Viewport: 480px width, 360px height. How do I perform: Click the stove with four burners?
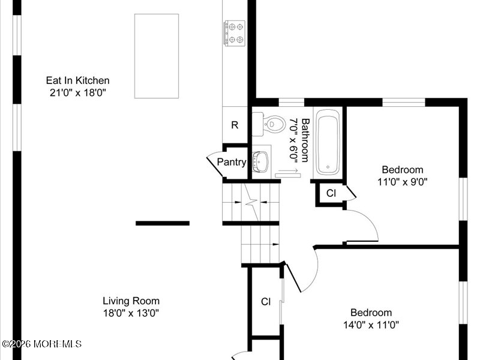(x=235, y=32)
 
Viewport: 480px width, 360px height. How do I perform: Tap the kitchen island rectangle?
(x=157, y=56)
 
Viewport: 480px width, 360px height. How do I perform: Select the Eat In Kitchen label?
(x=78, y=80)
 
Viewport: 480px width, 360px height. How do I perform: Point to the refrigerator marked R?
(x=235, y=125)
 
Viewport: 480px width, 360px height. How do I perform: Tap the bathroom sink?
(x=262, y=161)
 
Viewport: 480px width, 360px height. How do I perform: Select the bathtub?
(x=328, y=143)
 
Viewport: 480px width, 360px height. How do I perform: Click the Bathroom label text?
(x=305, y=140)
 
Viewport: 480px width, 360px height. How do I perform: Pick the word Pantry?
(x=231, y=162)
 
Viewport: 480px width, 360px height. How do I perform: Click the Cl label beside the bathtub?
(x=331, y=193)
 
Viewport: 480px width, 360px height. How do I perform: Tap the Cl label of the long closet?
(x=266, y=302)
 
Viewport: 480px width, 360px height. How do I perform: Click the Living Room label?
(x=131, y=301)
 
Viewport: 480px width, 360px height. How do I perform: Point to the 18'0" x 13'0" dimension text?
(x=131, y=313)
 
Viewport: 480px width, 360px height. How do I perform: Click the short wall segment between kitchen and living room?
(x=163, y=223)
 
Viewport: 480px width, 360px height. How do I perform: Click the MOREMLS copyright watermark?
(x=42, y=344)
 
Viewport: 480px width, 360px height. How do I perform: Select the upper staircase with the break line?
(x=251, y=202)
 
